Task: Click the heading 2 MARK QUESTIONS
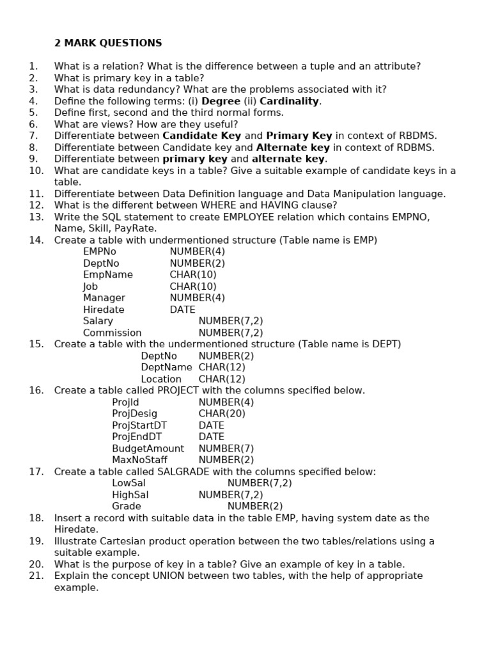click(108, 43)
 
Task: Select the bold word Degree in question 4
click(221, 101)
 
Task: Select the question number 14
click(36, 240)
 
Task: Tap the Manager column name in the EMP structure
click(104, 298)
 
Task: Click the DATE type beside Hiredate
click(182, 310)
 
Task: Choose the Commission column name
click(112, 333)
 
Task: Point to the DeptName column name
click(166, 367)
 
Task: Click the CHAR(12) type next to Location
click(222, 379)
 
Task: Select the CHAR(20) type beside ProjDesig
click(222, 413)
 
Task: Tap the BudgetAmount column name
click(148, 448)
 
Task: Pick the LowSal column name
click(129, 483)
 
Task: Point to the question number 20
click(36, 564)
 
